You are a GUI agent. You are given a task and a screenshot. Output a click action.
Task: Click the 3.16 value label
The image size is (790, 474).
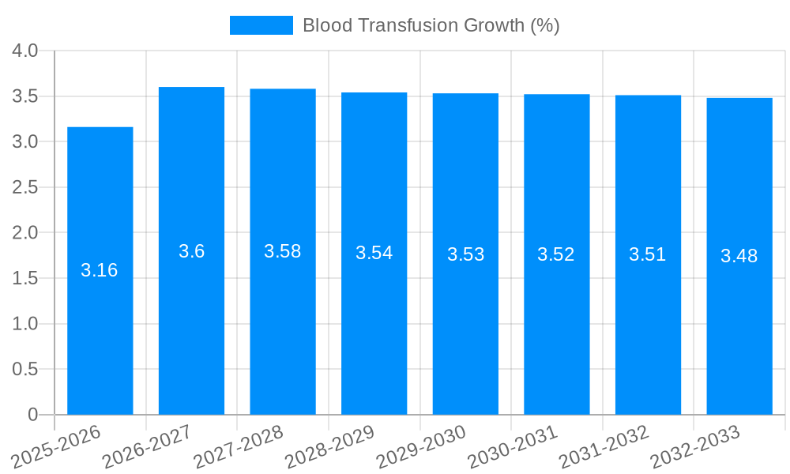tap(100, 270)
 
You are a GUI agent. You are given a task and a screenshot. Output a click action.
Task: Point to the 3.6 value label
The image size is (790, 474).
tap(191, 251)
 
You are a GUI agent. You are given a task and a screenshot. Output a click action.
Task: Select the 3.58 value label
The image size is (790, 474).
tap(283, 251)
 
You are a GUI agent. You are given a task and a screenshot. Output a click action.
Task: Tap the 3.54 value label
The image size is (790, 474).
tap(374, 253)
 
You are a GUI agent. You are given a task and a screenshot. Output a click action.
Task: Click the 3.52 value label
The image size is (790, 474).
tap(556, 254)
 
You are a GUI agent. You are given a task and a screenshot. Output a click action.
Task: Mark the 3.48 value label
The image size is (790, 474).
tap(739, 256)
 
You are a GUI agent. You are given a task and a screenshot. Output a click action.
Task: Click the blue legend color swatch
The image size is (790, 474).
tap(261, 25)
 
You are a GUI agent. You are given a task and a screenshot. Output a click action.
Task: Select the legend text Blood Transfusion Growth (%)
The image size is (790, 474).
tap(431, 25)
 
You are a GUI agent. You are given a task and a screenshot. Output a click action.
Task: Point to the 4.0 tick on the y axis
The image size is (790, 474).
tap(25, 51)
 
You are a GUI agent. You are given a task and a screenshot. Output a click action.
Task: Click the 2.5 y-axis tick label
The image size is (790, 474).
tap(25, 187)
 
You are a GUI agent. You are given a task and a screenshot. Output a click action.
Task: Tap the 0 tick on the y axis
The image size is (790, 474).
tap(32, 415)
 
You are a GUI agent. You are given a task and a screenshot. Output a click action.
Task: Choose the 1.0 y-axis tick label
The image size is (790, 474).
tap(25, 324)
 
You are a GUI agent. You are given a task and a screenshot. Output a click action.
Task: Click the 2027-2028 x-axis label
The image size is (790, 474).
tap(238, 446)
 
